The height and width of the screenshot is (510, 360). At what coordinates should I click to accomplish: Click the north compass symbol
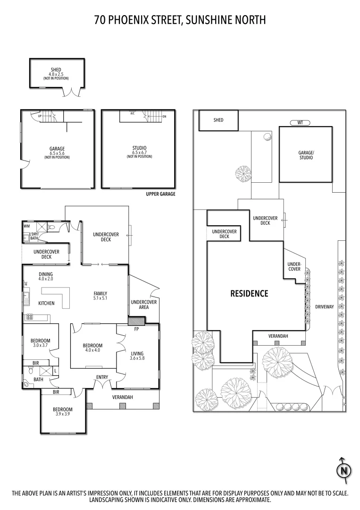344,470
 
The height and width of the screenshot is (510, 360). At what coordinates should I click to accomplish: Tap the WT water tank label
300,122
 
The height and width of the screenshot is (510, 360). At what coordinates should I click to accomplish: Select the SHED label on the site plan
218,120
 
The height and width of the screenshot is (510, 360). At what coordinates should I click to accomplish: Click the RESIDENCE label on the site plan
249,294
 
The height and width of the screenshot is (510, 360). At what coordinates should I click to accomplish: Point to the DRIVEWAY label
325,307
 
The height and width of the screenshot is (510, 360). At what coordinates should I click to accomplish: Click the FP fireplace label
136,329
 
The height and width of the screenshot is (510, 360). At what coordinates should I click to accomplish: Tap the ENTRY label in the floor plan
102,377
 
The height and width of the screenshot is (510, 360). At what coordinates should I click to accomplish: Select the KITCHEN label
46,303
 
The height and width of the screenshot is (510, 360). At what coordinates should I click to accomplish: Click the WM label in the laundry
26,226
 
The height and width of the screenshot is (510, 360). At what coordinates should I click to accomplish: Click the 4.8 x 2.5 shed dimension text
57,74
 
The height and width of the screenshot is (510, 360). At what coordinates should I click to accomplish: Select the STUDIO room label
139,148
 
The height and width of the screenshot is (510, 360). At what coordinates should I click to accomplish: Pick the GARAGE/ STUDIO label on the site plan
305,155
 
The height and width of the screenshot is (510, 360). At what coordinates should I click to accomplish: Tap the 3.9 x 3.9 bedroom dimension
62,414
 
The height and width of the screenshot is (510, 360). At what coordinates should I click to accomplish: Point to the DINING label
46,274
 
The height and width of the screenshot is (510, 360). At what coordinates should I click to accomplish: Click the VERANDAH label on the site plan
278,336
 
